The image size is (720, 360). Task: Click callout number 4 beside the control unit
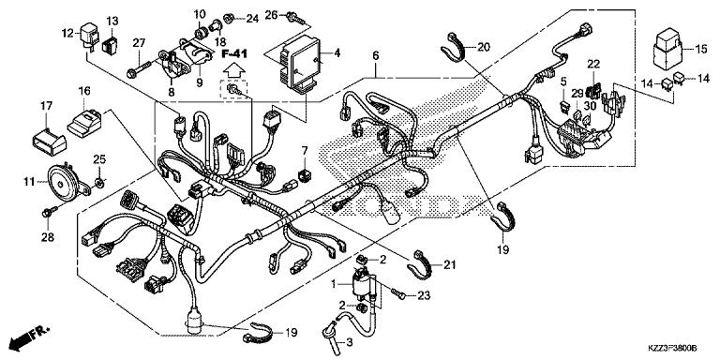click(337, 52)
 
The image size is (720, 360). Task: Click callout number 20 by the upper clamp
click(483, 47)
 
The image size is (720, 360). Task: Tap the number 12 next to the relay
click(67, 34)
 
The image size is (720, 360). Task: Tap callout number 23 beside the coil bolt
click(423, 296)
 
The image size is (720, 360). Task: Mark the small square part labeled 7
click(306, 173)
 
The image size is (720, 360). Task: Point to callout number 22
click(592, 63)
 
